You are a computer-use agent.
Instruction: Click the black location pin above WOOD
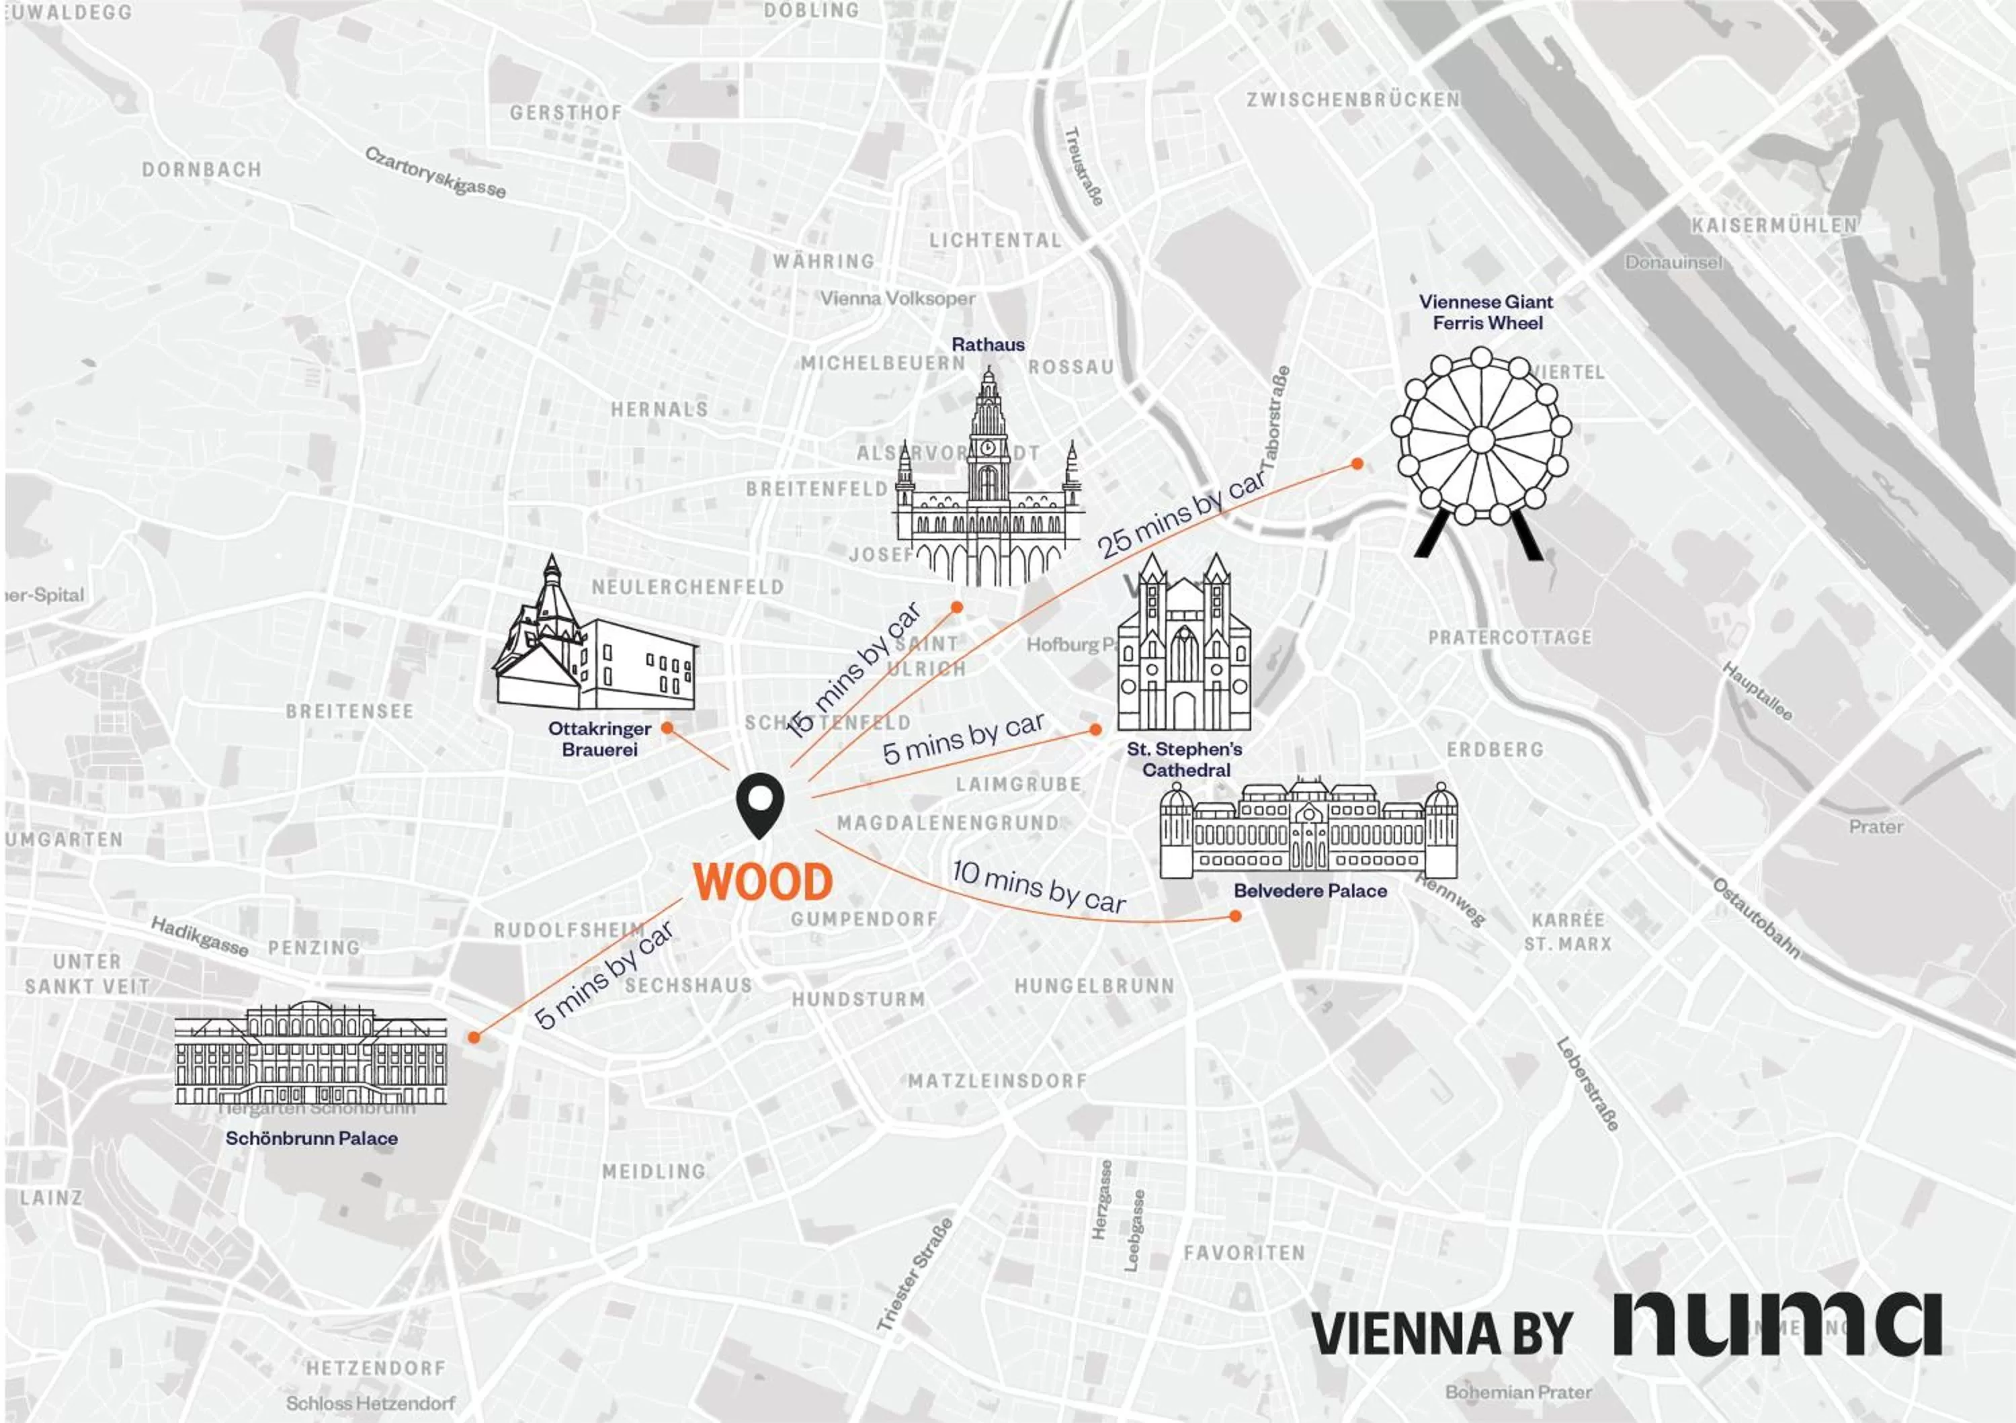pyautogui.click(x=759, y=804)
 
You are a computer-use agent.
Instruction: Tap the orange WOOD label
pyautogui.click(x=762, y=882)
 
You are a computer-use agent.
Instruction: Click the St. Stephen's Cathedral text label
pyautogui.click(x=1185, y=759)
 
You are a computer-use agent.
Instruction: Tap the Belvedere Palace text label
pyautogui.click(x=1310, y=890)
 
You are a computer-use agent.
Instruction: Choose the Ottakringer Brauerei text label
pyautogui.click(x=599, y=738)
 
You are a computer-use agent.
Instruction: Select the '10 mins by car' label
pyautogui.click(x=1039, y=887)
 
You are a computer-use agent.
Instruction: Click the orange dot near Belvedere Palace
pyautogui.click(x=1235, y=916)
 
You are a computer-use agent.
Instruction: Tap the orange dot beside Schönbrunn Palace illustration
pyautogui.click(x=474, y=1037)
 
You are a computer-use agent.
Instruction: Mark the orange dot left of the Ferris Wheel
pyautogui.click(x=1357, y=464)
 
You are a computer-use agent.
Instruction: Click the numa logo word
pyautogui.click(x=1777, y=1324)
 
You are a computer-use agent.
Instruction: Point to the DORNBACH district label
pyautogui.click(x=202, y=169)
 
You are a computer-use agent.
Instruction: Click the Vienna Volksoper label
pyautogui.click(x=897, y=298)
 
